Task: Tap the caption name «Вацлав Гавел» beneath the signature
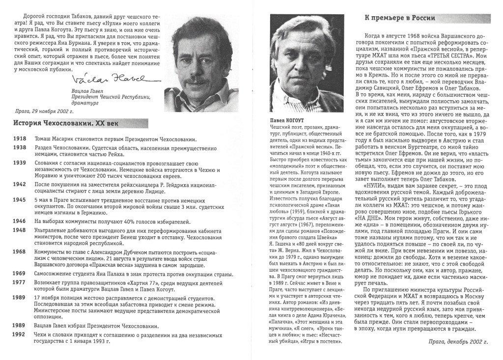86,92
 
